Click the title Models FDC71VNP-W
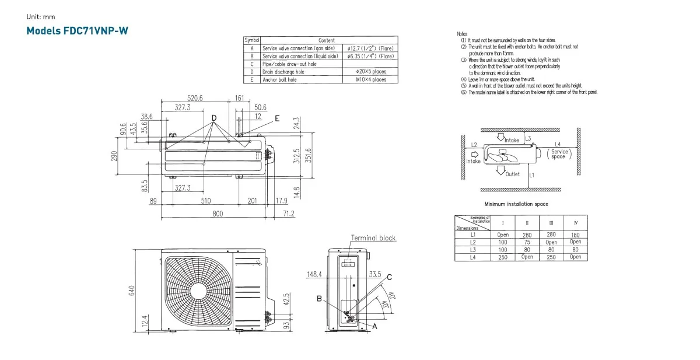(x=77, y=31)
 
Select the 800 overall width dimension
(x=218, y=214)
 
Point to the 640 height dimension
(x=132, y=290)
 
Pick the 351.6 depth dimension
(x=309, y=156)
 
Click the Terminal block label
(x=373, y=238)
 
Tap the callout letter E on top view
(x=277, y=118)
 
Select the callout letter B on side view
(x=319, y=299)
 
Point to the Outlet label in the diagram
(x=512, y=174)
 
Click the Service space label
(x=558, y=154)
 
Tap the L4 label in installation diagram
(x=558, y=144)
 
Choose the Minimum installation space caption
(x=516, y=204)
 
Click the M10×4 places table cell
(x=371, y=79)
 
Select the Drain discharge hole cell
(x=283, y=72)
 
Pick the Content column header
(x=327, y=40)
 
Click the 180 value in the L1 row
(x=575, y=235)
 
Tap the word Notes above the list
(x=462, y=34)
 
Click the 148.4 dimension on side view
(x=315, y=274)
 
